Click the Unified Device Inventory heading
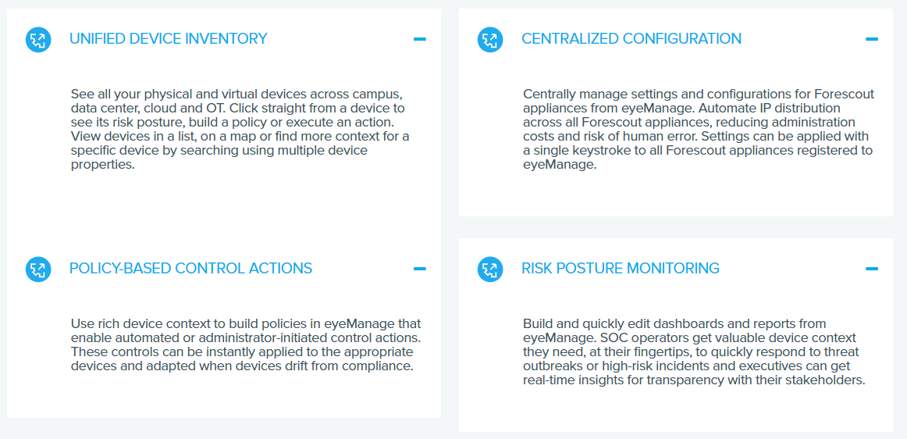pyautogui.click(x=169, y=39)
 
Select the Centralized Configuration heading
pyautogui.click(x=631, y=39)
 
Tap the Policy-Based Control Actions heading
pyautogui.click(x=191, y=268)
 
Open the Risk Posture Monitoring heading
pyautogui.click(x=621, y=268)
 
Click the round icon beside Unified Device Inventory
pyautogui.click(x=38, y=39)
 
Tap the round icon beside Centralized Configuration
pyautogui.click(x=490, y=39)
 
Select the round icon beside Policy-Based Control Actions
pyautogui.click(x=38, y=269)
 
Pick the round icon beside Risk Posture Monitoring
pyautogui.click(x=490, y=269)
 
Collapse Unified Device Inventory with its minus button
pyautogui.click(x=420, y=39)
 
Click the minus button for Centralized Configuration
pyautogui.click(x=872, y=39)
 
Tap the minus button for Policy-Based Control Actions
pyautogui.click(x=420, y=269)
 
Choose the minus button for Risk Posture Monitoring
pyautogui.click(x=872, y=269)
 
